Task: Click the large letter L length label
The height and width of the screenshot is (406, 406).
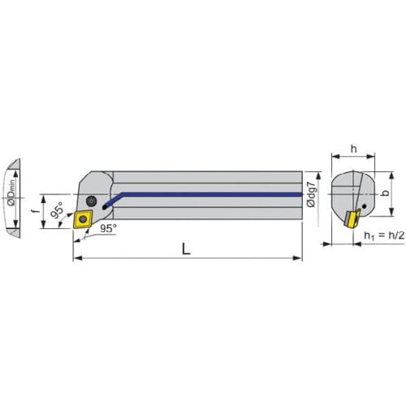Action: (186, 248)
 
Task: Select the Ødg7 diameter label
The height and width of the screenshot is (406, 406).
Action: (312, 195)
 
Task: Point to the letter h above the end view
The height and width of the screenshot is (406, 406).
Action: (354, 149)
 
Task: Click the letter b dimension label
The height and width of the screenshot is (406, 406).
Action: (385, 193)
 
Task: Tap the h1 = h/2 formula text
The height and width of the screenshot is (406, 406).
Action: (384, 235)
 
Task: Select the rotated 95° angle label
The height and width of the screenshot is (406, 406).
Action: (57, 209)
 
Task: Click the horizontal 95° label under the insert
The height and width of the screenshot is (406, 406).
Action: (108, 228)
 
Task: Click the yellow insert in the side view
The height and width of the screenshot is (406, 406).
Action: (83, 219)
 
